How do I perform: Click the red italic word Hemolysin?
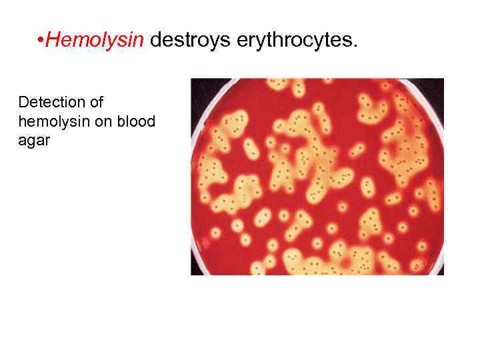[x=95, y=41]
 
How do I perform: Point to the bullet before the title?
[x=41, y=41]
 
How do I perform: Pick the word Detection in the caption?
[x=51, y=103]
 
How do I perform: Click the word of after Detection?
[x=97, y=103]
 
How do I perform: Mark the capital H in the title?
[x=54, y=41]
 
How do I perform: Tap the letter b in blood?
[x=122, y=122]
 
